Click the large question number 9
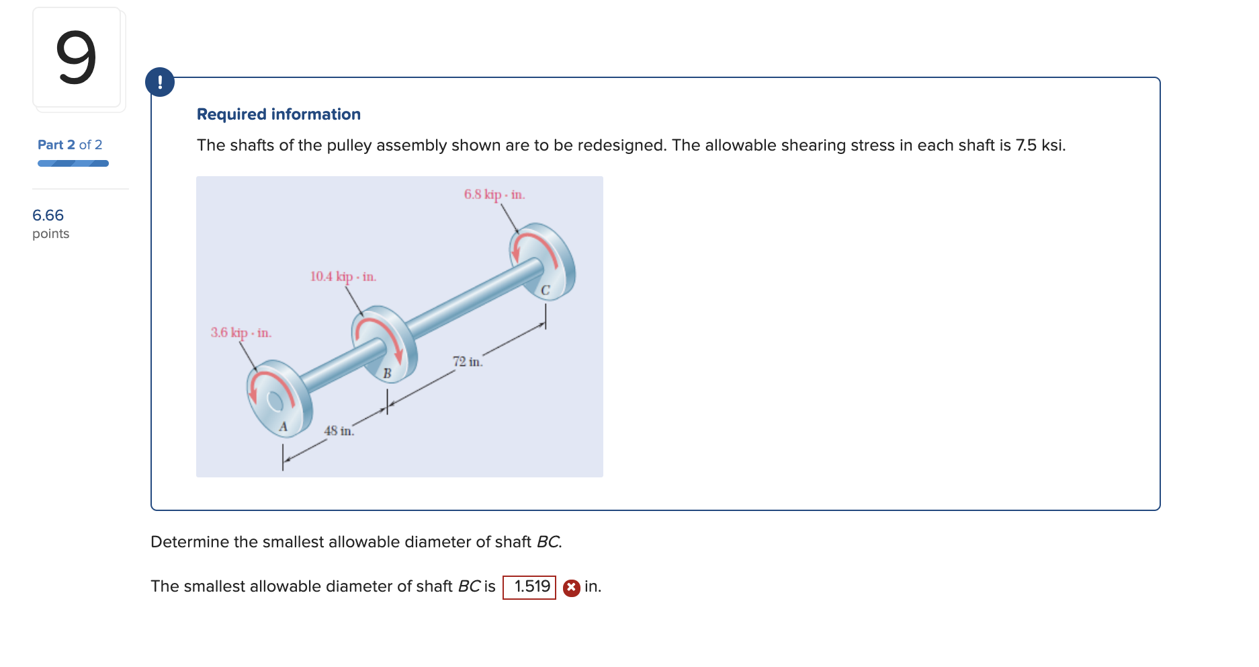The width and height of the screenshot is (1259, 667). pos(76,58)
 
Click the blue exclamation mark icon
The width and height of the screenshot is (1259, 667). pos(160,82)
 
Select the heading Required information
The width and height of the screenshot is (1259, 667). pos(278,114)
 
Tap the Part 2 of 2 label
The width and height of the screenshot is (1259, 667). pos(70,145)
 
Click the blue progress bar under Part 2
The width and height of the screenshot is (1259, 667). pos(73,163)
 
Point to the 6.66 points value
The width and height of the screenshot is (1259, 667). pos(48,215)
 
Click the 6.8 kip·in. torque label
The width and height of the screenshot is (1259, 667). pos(494,194)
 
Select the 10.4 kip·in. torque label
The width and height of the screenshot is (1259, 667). pos(343,276)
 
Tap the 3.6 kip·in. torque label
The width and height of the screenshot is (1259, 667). pos(241,333)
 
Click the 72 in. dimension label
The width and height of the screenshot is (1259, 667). pos(467,362)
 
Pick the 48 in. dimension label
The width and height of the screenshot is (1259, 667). pos(339,431)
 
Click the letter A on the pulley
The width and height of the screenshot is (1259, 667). pos(283,426)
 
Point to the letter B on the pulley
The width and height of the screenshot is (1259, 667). pos(387,373)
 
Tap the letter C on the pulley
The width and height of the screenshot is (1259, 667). pos(545,290)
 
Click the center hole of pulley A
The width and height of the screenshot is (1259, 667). pos(275,401)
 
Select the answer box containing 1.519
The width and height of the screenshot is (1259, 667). pos(529,587)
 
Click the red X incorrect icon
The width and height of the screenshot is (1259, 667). pos(571,588)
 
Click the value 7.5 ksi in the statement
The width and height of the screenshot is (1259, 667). pos(1039,145)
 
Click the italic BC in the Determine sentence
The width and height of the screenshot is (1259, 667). pos(548,542)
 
